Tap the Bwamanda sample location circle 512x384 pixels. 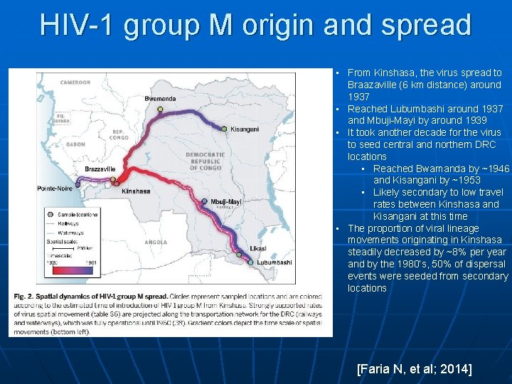[160, 110]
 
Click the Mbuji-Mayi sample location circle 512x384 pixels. [205, 202]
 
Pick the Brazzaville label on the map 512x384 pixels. [100, 169]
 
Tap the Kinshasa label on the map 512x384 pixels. [136, 191]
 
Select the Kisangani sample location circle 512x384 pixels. [224, 129]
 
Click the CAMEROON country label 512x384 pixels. [75, 82]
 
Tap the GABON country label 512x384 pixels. [75, 144]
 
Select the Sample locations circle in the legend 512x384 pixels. [49, 214]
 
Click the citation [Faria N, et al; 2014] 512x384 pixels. [415, 369]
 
